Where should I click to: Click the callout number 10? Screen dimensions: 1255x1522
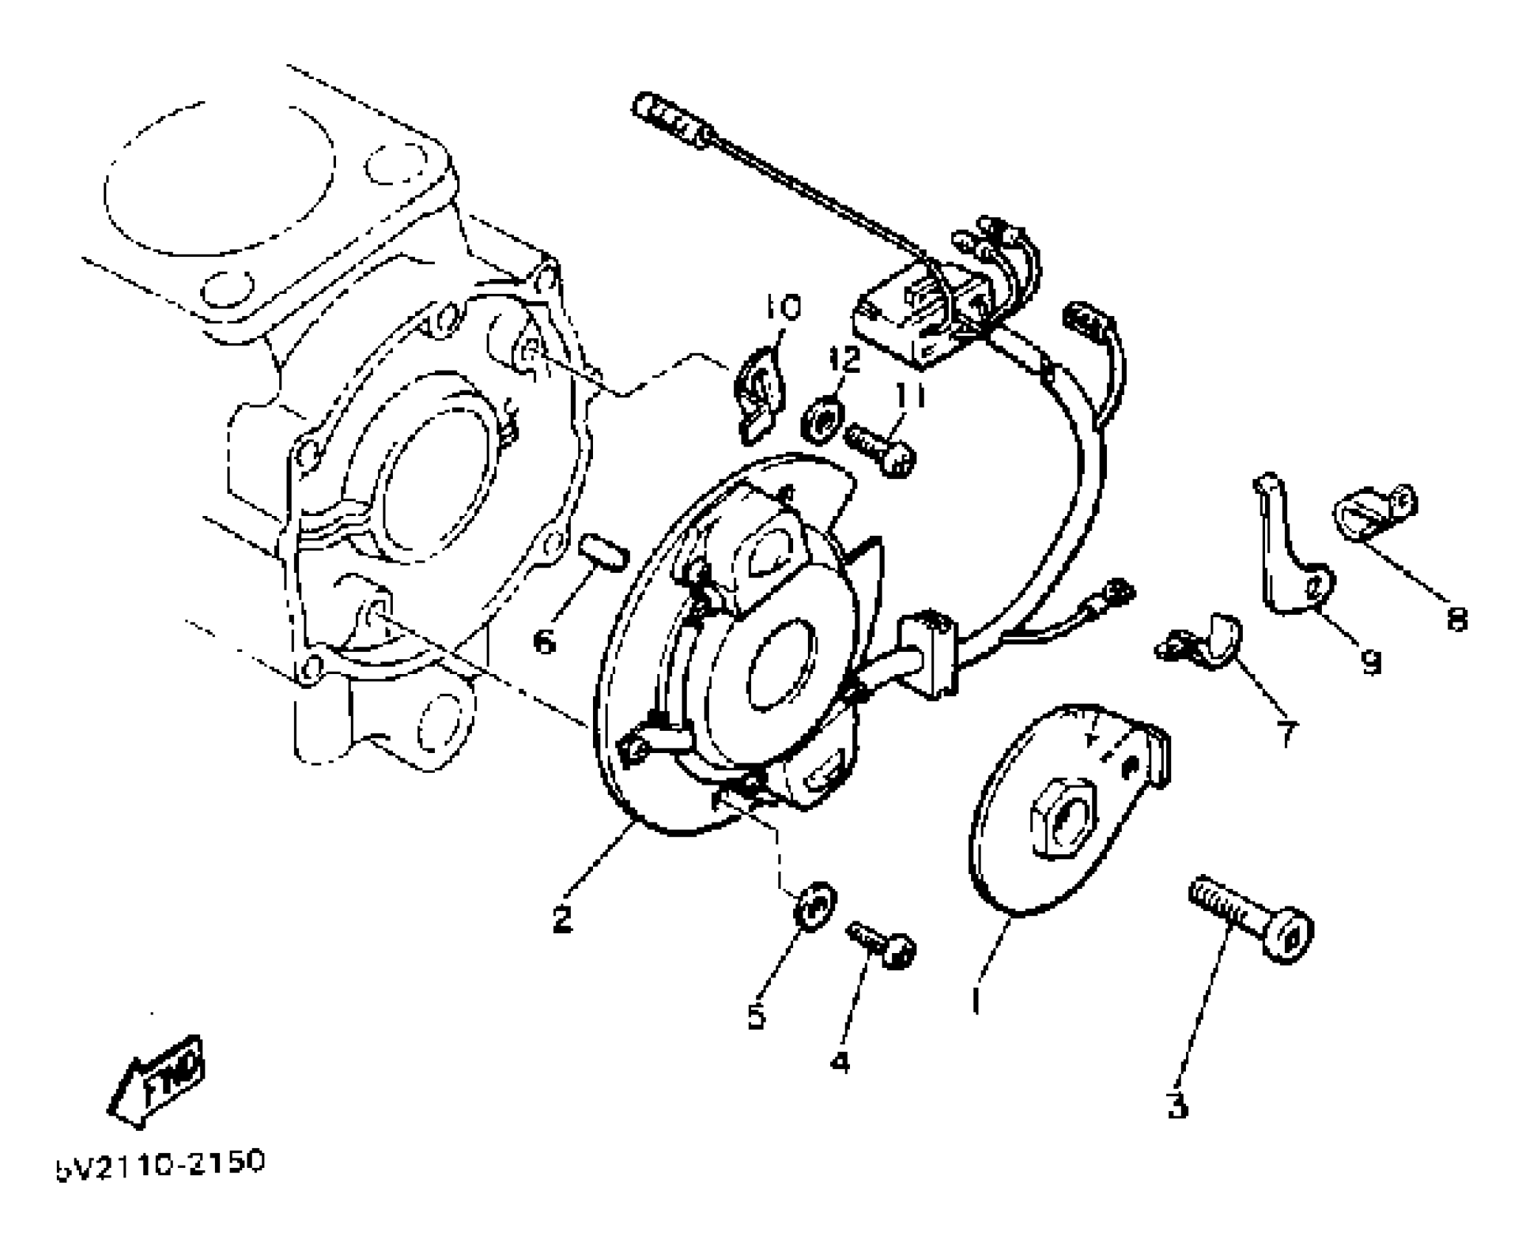point(782,308)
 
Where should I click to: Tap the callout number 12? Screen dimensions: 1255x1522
point(843,360)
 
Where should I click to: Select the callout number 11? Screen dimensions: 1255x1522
point(910,398)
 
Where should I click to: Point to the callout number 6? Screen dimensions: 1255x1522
point(544,642)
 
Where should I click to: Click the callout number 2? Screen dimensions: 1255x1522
point(562,918)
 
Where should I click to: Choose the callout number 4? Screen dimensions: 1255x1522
point(840,1062)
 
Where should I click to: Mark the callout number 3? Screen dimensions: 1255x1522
point(1177,1105)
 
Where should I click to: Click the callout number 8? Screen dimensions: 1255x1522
point(1456,619)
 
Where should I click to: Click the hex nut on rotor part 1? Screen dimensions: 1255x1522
point(1061,818)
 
